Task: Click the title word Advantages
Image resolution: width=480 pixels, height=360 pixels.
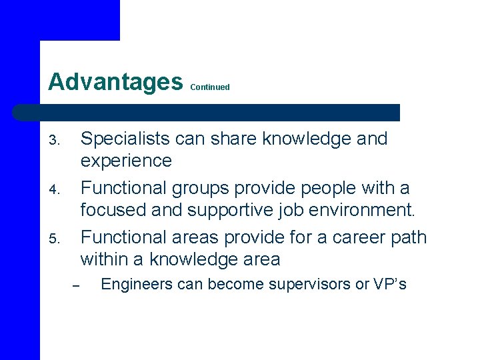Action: [115, 82]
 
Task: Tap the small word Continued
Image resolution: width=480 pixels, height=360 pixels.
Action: [210, 87]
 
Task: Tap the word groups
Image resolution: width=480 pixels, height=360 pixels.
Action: [200, 188]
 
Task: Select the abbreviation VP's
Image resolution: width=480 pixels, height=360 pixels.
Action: [390, 285]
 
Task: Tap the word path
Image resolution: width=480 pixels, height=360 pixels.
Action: [409, 237]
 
